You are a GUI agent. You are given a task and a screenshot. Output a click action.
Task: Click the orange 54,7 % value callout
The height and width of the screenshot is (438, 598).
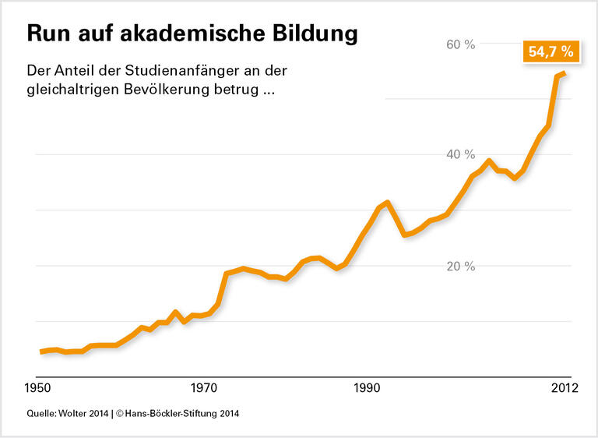point(551,52)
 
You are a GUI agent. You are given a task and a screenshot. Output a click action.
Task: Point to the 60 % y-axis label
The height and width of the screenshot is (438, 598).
point(460,44)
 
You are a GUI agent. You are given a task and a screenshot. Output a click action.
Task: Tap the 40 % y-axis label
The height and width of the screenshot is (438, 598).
point(460,155)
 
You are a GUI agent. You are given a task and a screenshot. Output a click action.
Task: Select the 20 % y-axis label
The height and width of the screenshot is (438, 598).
point(460,267)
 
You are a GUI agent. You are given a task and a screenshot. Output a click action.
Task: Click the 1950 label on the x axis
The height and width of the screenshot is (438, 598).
point(39,387)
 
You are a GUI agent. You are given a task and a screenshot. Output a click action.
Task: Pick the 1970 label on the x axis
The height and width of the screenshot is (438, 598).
point(204,387)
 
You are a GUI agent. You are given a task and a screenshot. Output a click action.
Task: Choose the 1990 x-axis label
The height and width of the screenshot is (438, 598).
point(367,387)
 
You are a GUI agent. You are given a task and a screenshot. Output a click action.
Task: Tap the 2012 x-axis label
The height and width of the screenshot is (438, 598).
point(564,387)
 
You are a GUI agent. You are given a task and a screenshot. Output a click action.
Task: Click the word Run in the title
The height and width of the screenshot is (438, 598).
point(49,34)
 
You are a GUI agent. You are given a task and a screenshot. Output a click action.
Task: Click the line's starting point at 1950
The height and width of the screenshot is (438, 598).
point(41,351)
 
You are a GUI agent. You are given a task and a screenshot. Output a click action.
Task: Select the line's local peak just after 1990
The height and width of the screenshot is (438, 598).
point(387,202)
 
